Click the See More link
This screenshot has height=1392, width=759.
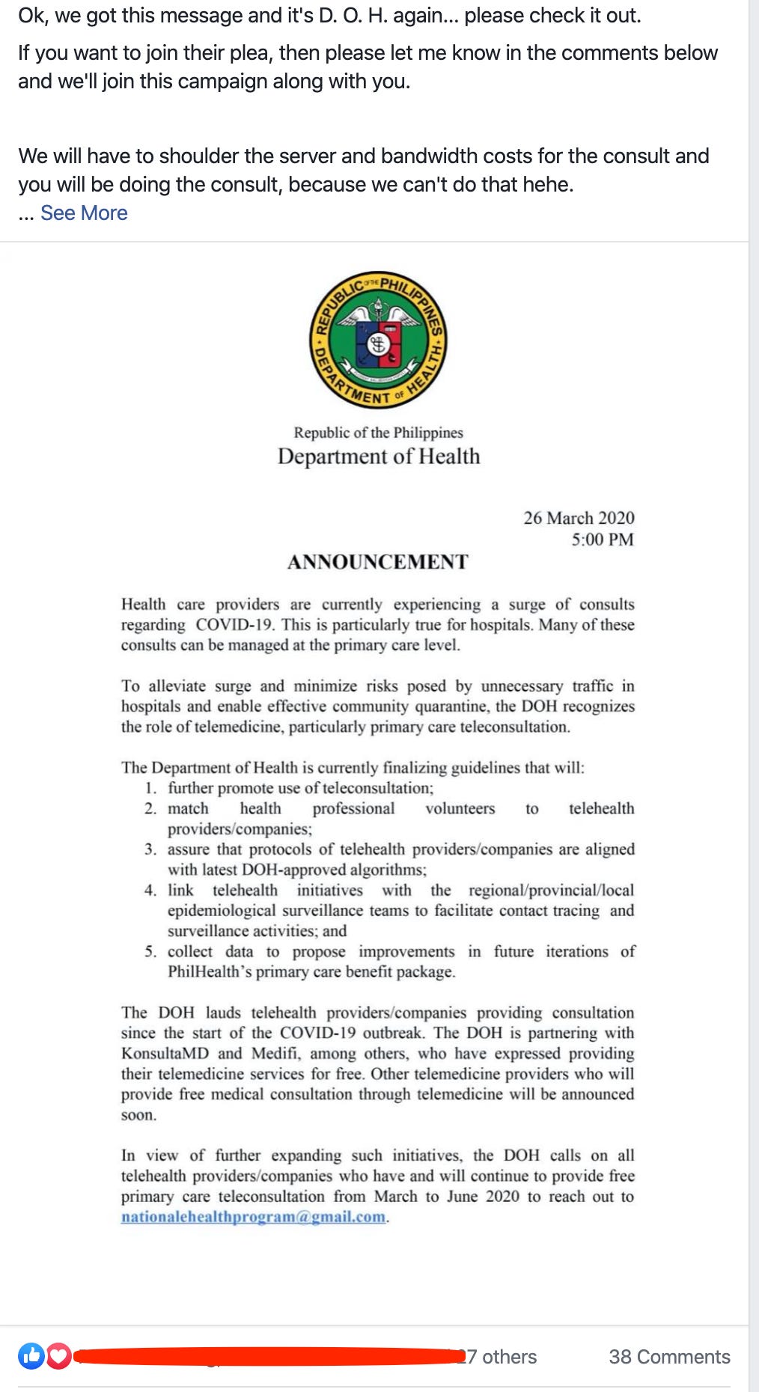(84, 213)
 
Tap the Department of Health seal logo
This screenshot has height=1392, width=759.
(379, 340)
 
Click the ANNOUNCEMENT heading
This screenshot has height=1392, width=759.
(378, 562)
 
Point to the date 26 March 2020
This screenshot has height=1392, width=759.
(579, 518)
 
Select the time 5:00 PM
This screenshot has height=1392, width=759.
(603, 540)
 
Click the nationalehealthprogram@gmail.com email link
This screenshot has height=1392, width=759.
(254, 1217)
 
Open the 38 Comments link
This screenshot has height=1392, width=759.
(669, 1357)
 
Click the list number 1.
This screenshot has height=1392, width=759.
(150, 788)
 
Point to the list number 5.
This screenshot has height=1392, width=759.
(150, 952)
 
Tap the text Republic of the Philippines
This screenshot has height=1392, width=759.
(378, 433)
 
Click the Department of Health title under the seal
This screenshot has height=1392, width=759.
(379, 457)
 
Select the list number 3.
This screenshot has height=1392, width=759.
(150, 849)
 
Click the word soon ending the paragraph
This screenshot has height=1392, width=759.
(138, 1115)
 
